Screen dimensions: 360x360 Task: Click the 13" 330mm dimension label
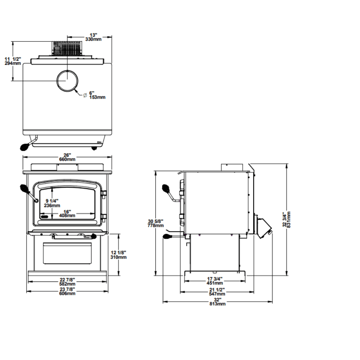click(93, 37)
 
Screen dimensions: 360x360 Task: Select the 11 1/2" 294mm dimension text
click(13, 61)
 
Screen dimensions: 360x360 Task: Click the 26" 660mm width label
click(67, 157)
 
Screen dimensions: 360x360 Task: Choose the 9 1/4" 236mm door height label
click(52, 203)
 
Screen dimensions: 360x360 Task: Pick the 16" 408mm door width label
click(67, 213)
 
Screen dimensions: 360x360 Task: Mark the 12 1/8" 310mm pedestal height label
click(119, 255)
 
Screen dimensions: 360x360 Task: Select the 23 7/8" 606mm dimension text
click(67, 292)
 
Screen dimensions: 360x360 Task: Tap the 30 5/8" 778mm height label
click(156, 223)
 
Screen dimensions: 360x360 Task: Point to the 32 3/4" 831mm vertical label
click(287, 220)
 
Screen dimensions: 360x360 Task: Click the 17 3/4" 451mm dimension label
click(215, 280)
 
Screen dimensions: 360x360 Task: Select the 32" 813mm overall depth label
click(217, 302)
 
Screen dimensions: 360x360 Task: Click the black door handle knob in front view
click(24, 189)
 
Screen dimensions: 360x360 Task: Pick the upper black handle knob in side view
click(167, 188)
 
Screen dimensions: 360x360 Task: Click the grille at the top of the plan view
click(67, 48)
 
